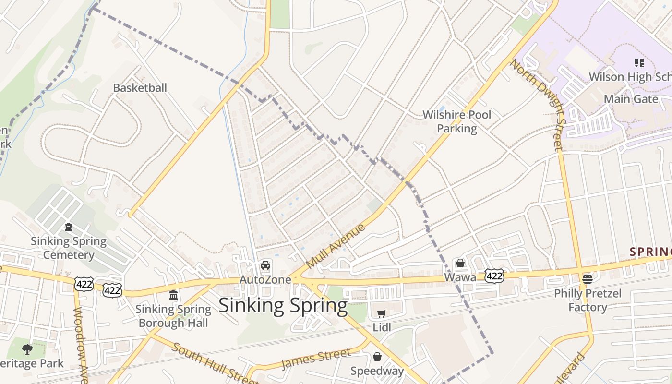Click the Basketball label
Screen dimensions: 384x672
[140, 88]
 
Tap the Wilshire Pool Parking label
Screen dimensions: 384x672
[457, 121]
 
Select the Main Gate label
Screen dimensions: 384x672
[631, 99]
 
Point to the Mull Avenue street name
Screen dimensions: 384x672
[335, 246]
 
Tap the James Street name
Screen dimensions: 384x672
[316, 359]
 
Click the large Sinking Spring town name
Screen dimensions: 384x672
[283, 306]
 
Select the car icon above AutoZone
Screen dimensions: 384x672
[265, 265]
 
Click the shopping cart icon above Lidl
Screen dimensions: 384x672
[381, 313]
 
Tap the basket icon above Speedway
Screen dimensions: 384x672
[377, 357]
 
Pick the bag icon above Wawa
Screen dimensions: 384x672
[460, 263]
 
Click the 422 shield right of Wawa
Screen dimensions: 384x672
[494, 276]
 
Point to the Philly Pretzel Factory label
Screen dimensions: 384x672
[588, 300]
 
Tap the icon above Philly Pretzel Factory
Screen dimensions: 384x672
[587, 278]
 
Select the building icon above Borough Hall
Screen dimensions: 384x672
[173, 295]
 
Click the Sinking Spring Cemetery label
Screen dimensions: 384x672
[69, 248]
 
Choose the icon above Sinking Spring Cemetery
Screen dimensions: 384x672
[69, 227]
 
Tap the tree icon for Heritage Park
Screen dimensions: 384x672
[27, 349]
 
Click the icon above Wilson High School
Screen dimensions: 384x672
[639, 62]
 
